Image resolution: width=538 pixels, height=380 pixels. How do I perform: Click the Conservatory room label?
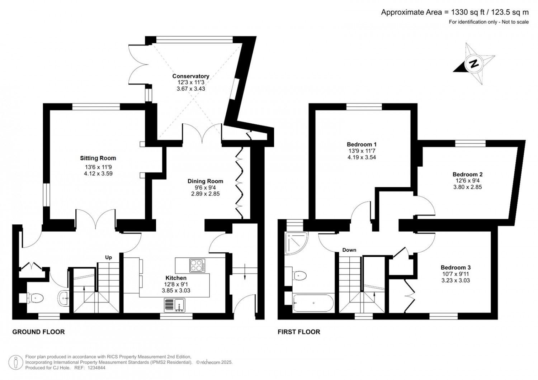tap(191, 76)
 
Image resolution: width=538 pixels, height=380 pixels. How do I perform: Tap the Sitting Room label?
tap(98, 158)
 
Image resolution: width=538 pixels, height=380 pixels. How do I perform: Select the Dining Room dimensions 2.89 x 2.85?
tap(206, 194)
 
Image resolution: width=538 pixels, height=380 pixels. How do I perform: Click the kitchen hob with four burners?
tap(197, 265)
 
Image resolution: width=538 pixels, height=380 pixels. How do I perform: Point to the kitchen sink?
tap(175, 305)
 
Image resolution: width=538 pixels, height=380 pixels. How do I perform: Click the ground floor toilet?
tap(34, 298)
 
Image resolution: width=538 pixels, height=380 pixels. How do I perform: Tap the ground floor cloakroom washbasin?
tap(63, 298)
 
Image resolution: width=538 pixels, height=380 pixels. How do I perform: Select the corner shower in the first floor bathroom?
tap(296, 243)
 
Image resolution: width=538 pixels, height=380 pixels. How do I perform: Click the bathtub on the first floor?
tap(313, 303)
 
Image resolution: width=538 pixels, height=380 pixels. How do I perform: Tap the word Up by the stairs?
tap(109, 257)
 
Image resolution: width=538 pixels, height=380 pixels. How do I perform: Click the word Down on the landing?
tap(349, 250)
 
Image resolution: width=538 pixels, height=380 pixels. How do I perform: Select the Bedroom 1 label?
tap(362, 144)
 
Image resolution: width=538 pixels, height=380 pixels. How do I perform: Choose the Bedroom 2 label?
tap(468, 174)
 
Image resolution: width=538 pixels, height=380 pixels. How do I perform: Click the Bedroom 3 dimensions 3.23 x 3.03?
tap(456, 280)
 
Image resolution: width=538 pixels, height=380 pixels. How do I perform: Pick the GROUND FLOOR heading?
tap(38, 332)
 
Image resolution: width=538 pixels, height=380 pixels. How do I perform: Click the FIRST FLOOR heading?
tap(299, 332)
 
